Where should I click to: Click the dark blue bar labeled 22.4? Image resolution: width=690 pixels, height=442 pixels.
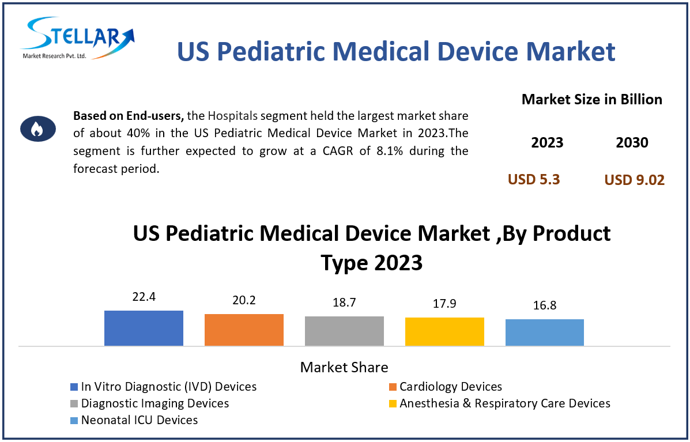pyautogui.click(x=144, y=328)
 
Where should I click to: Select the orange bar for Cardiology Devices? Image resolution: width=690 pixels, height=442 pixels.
pyautogui.click(x=244, y=330)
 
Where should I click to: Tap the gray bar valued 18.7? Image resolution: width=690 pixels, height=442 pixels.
pyautogui.click(x=344, y=331)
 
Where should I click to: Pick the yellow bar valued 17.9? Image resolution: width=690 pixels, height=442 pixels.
pyautogui.click(x=444, y=331)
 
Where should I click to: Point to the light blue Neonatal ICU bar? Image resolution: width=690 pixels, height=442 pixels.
pyautogui.click(x=545, y=333)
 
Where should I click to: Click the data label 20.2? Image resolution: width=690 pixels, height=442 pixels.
pyautogui.click(x=244, y=300)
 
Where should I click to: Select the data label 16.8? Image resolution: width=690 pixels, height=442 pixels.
pyautogui.click(x=545, y=305)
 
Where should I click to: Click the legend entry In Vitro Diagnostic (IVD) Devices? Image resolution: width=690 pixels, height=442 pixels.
pyautogui.click(x=168, y=387)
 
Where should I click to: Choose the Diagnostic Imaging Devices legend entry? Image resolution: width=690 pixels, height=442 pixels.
pyautogui.click(x=154, y=403)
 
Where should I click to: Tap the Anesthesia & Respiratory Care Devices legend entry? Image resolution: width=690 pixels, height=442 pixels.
pyautogui.click(x=504, y=403)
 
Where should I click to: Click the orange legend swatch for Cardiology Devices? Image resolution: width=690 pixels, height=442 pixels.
pyautogui.click(x=393, y=387)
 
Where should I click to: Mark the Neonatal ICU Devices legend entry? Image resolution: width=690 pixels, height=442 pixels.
pyautogui.click(x=139, y=420)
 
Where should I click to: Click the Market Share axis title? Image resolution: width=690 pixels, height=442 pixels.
pyautogui.click(x=344, y=367)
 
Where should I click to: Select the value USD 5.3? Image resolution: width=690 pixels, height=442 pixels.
pyautogui.click(x=534, y=179)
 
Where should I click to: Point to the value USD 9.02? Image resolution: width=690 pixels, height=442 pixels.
pyautogui.click(x=634, y=180)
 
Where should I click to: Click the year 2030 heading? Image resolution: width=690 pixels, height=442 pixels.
pyautogui.click(x=632, y=143)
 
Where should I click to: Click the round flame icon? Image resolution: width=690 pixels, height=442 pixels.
pyautogui.click(x=37, y=129)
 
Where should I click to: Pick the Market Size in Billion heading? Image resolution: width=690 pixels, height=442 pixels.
pyautogui.click(x=591, y=100)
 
